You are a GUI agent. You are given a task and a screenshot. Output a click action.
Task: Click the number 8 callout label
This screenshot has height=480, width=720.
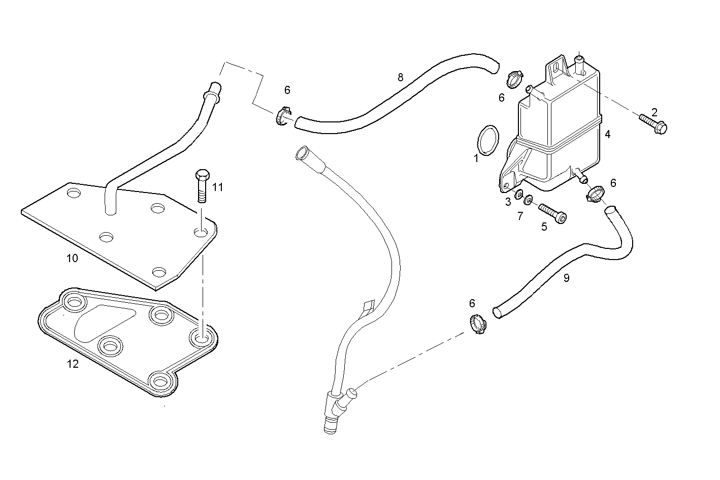tap(400, 77)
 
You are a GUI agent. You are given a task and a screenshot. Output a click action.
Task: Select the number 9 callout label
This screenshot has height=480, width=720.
tap(566, 278)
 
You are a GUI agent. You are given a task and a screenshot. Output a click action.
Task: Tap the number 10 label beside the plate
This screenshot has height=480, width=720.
tap(72, 258)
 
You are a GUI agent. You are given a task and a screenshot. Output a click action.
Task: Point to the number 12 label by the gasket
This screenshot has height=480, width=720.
tap(73, 364)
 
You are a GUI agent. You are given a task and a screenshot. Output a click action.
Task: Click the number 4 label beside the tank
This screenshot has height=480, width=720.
tap(607, 134)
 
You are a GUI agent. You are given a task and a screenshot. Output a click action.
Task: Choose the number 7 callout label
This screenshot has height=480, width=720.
tap(519, 216)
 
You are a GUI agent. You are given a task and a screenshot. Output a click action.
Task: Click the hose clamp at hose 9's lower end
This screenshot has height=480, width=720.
tap(477, 324)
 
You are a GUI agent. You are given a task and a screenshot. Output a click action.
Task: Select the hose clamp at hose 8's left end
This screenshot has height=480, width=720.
tap(283, 116)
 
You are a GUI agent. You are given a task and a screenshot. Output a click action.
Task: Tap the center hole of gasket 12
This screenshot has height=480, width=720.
tap(110, 346)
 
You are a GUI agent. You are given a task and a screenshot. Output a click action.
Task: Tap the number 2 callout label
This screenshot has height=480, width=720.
tap(654, 111)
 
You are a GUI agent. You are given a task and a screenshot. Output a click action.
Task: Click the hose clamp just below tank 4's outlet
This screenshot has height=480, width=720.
tap(595, 194)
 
